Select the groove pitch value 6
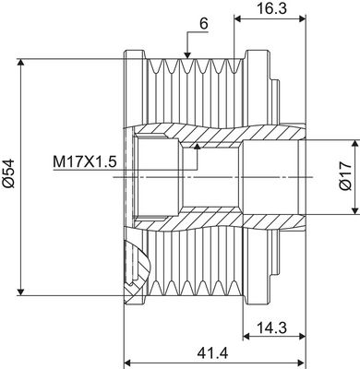(x=202, y=25)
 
